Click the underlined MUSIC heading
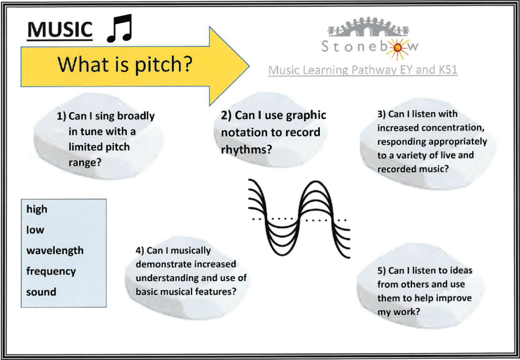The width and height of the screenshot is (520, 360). coord(60,30)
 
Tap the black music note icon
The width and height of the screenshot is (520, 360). coord(119,28)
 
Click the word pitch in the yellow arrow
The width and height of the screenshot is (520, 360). coord(163,64)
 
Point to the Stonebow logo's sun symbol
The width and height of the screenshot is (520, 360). coord(398,48)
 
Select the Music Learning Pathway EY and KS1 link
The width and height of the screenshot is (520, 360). coord(363,70)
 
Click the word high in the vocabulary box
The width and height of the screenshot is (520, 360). coord(37,210)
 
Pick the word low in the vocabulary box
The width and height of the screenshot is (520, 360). coord(35,230)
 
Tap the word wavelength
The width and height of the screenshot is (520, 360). coord(55,251)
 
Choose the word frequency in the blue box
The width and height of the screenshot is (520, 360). coord(51,272)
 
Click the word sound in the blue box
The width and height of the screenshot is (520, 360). coord(41,292)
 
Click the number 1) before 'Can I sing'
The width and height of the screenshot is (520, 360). coord(61,116)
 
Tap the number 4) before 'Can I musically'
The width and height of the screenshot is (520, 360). coord(140,251)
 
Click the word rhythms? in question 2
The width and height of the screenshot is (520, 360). coord(246,149)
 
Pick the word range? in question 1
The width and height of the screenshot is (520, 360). coord(85,163)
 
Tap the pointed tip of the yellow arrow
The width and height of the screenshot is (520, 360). coord(249,66)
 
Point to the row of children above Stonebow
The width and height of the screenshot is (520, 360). coord(369,27)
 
